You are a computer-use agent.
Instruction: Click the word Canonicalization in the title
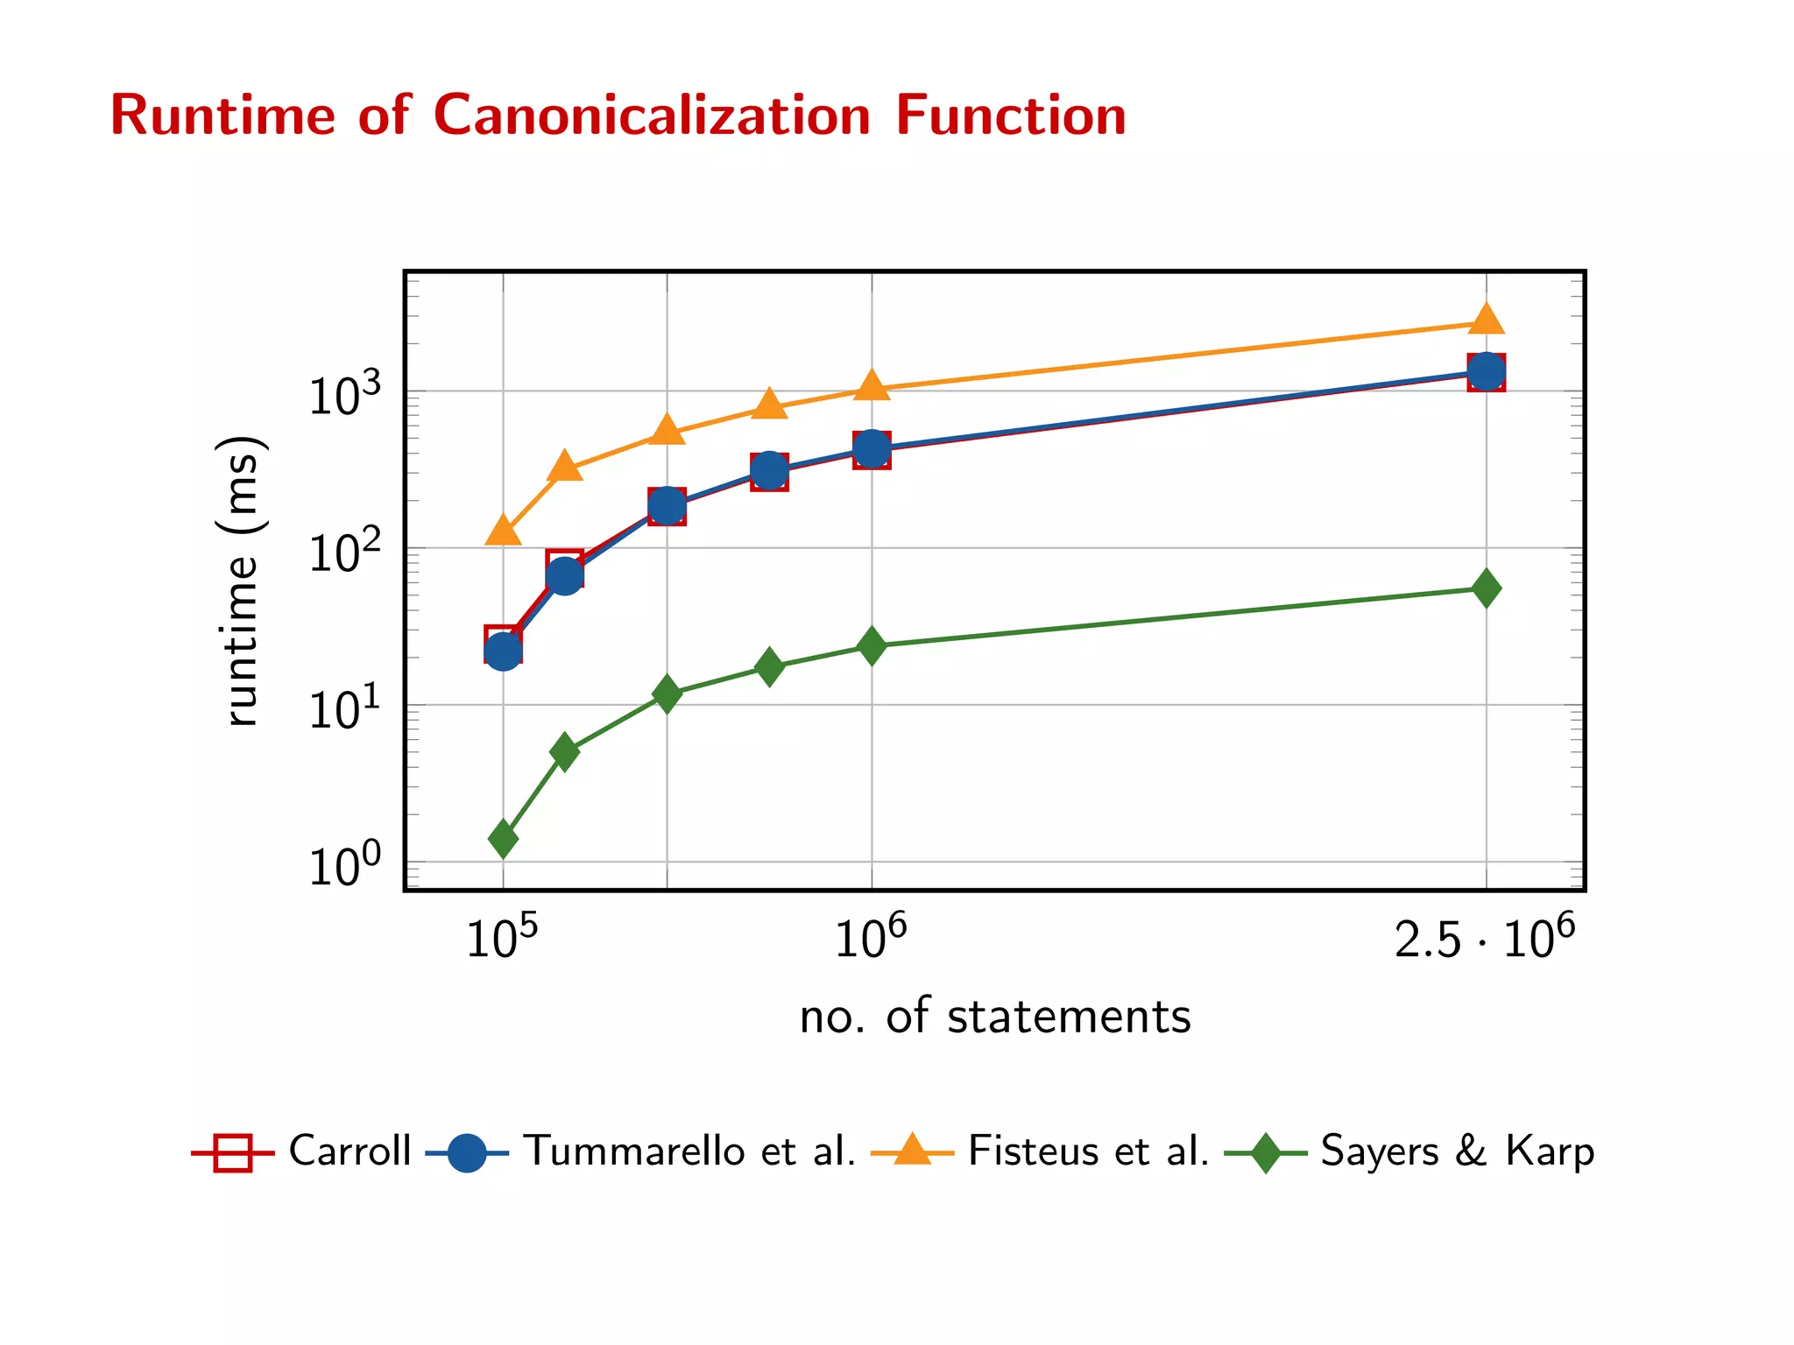click(x=652, y=116)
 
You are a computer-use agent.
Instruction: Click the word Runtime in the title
click(x=222, y=116)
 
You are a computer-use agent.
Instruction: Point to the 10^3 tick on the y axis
click(x=345, y=395)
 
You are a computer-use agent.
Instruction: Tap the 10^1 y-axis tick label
click(x=345, y=708)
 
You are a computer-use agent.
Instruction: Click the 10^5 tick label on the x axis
click(x=502, y=939)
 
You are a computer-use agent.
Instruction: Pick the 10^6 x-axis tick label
click(x=870, y=939)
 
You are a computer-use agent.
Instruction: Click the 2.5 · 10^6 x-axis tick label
click(x=1484, y=939)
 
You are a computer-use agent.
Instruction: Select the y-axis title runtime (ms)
click(x=239, y=581)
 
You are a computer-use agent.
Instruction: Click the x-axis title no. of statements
click(x=995, y=1017)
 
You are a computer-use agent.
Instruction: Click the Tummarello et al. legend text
click(x=689, y=1151)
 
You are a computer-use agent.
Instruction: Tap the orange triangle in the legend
click(x=912, y=1149)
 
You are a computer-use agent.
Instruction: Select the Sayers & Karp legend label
click(x=1457, y=1151)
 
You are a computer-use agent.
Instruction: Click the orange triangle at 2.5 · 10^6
click(x=1486, y=320)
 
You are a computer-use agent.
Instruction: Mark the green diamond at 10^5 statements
click(x=503, y=839)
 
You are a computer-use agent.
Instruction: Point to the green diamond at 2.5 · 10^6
click(x=1486, y=588)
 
